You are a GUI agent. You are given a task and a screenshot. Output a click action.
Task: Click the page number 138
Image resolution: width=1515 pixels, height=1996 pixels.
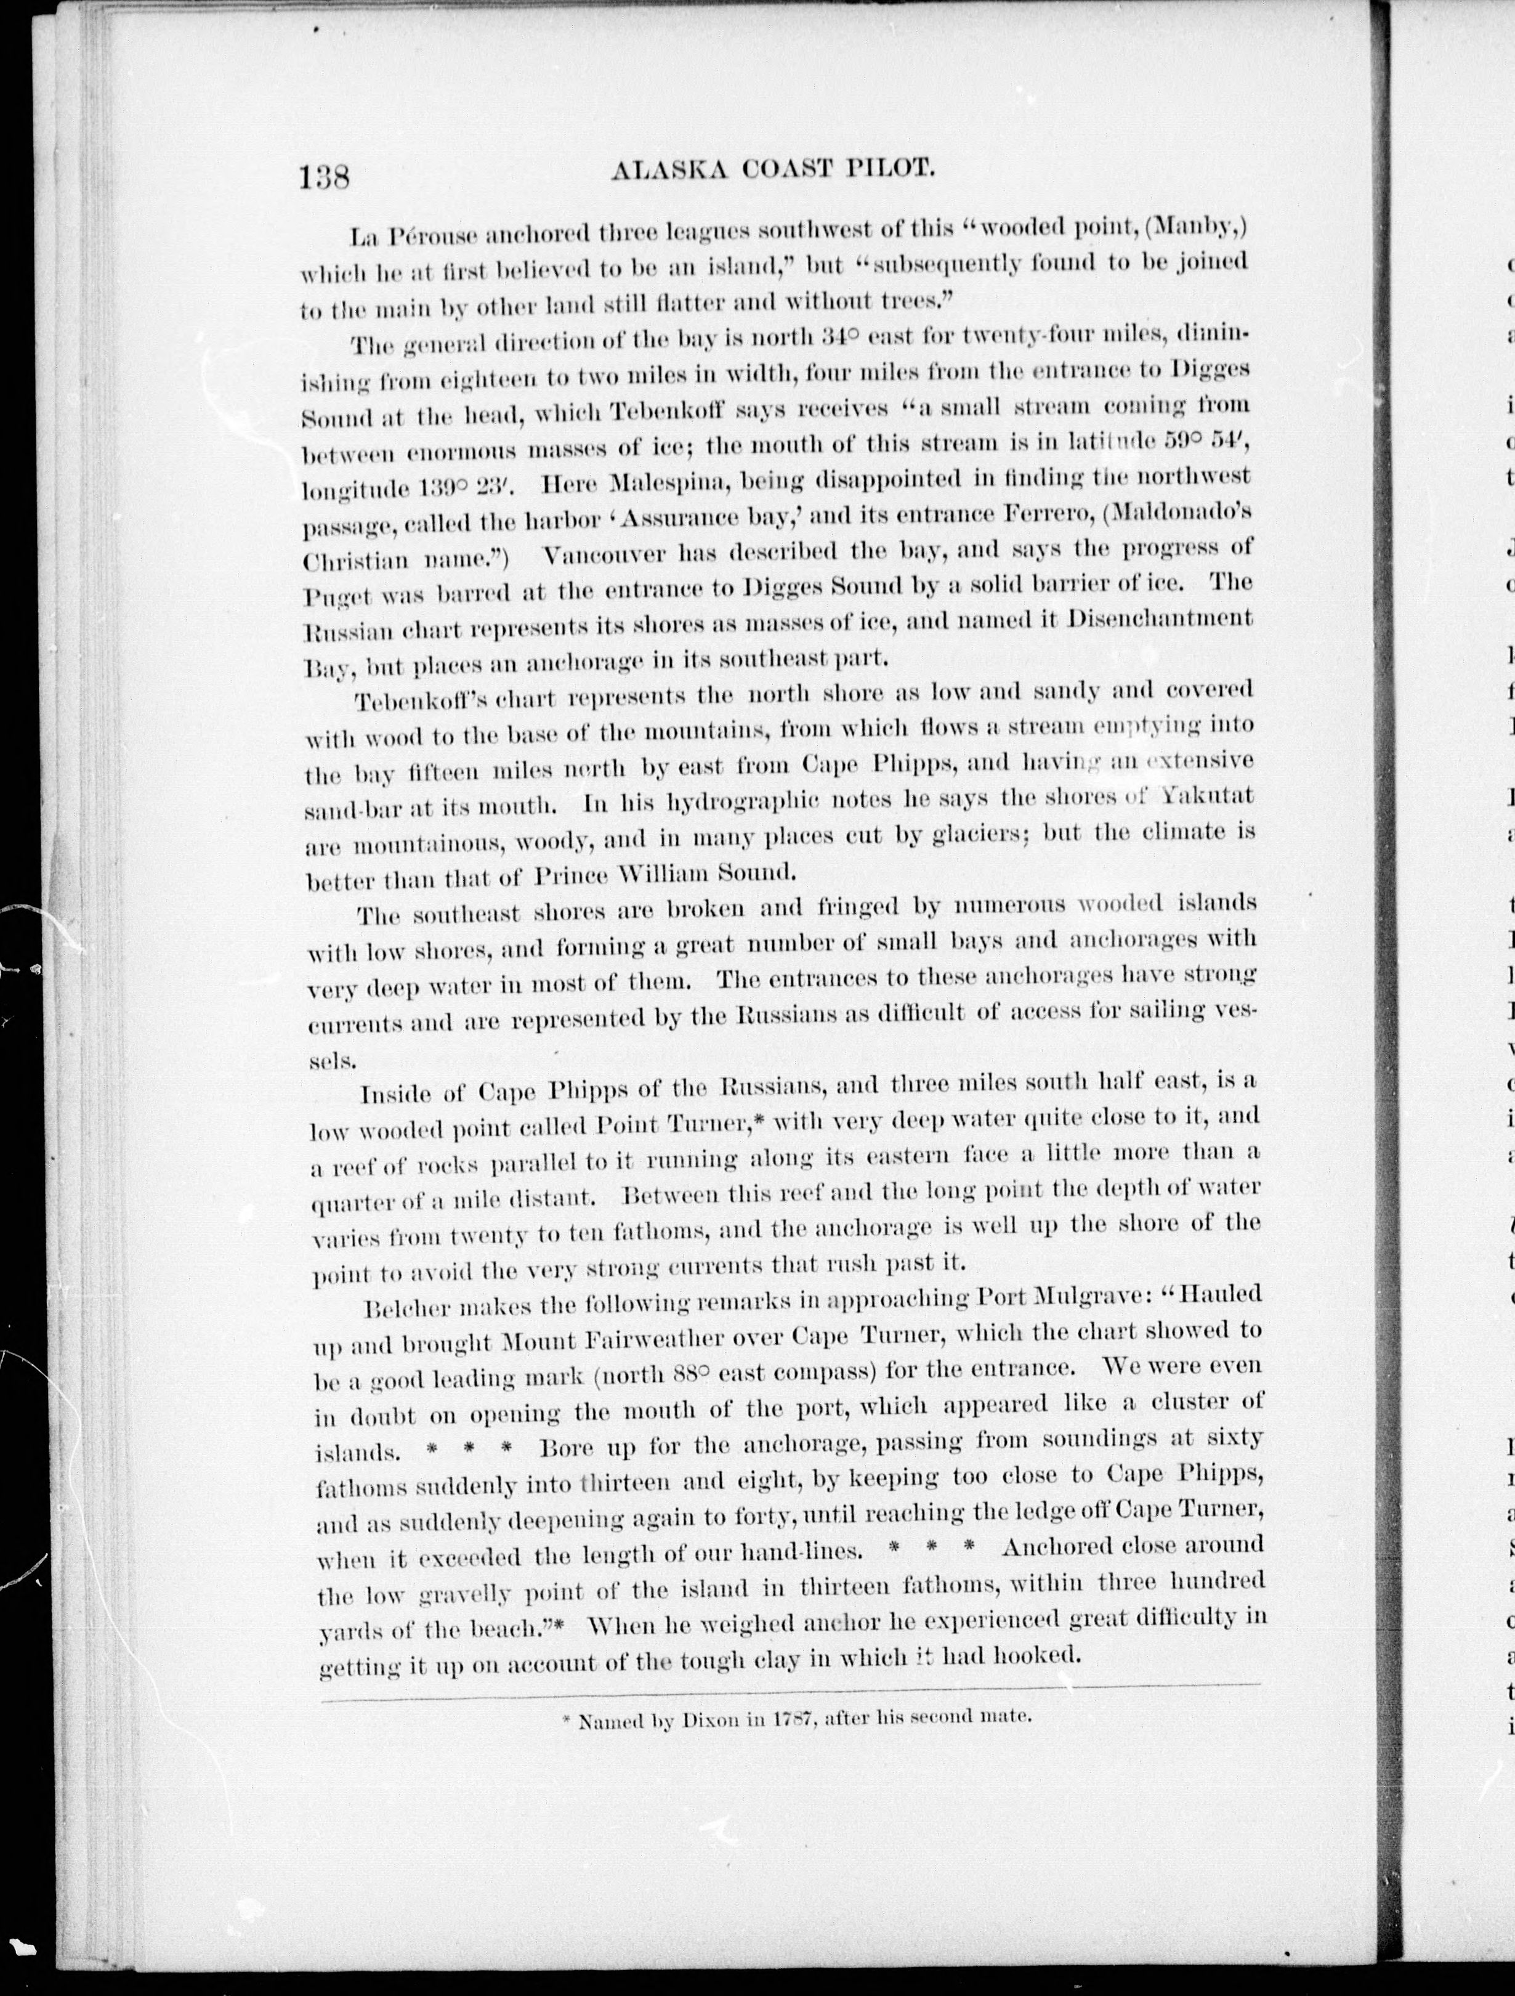point(324,175)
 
